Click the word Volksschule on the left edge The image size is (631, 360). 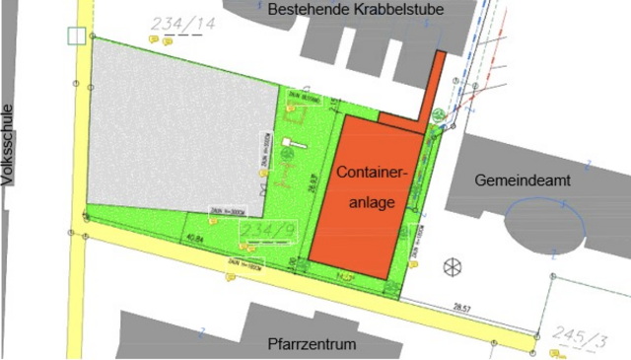click(10, 144)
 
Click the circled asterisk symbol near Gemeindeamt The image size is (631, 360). click(453, 265)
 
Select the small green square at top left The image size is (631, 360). click(75, 36)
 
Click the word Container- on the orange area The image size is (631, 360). click(371, 173)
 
